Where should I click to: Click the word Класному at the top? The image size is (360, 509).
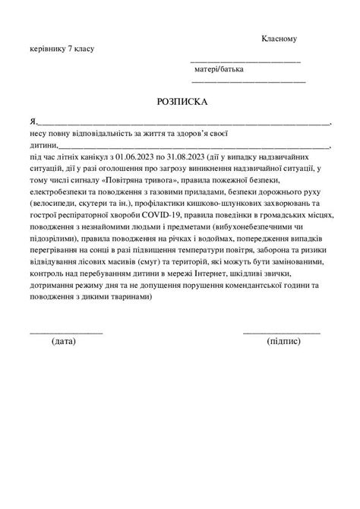click(283, 38)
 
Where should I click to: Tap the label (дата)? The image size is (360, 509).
click(65, 341)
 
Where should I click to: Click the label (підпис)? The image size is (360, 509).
click(284, 341)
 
